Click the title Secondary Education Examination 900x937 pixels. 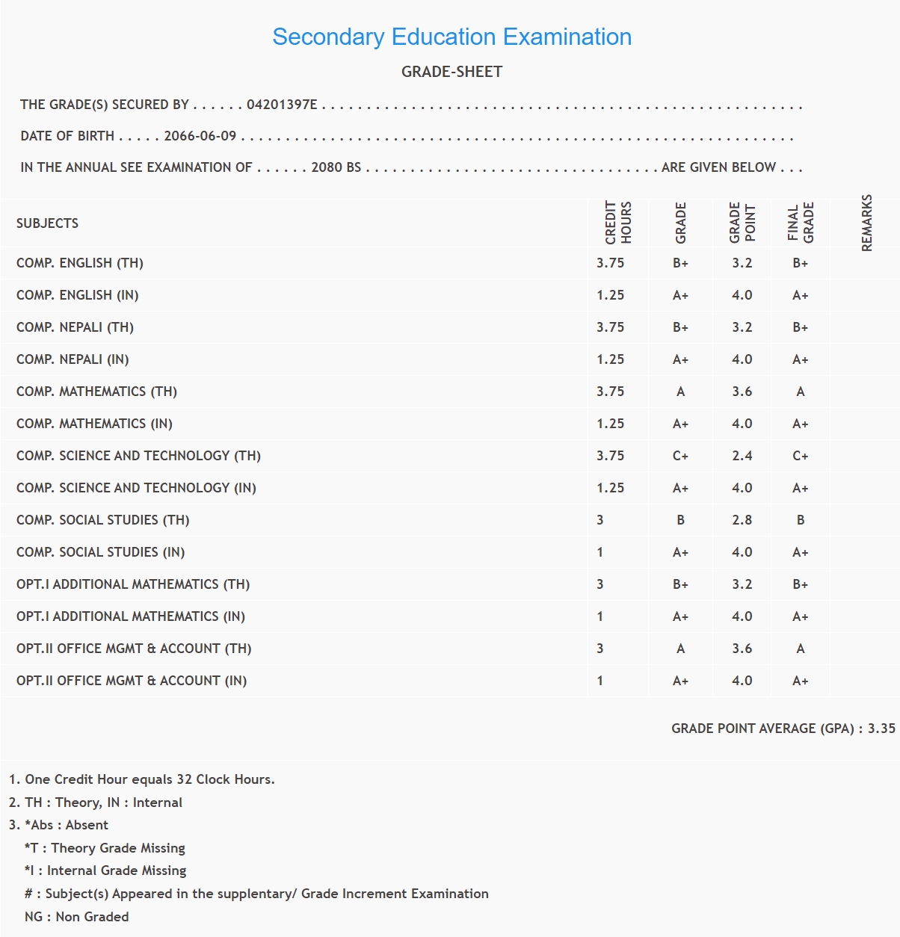pyautogui.click(x=451, y=37)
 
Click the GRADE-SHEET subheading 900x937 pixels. pyautogui.click(x=451, y=72)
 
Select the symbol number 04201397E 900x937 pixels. pyautogui.click(x=282, y=105)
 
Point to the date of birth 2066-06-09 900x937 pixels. pyautogui.click(x=200, y=136)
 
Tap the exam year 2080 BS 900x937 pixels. pyautogui.click(x=336, y=167)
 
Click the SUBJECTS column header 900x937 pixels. pyautogui.click(x=47, y=223)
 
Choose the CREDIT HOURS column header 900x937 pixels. pyautogui.click(x=618, y=223)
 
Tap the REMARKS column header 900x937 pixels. pyautogui.click(x=866, y=223)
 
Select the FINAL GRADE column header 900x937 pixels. pyautogui.click(x=800, y=223)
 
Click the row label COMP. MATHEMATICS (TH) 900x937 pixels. pyautogui.click(x=96, y=392)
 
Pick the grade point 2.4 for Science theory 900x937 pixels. pyautogui.click(x=742, y=456)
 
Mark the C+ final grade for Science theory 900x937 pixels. pyautogui.click(x=800, y=456)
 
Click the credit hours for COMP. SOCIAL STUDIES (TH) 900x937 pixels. pyautogui.click(x=600, y=520)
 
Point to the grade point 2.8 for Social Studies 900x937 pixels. pyautogui.click(x=742, y=520)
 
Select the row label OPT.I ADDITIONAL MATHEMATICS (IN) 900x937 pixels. pyautogui.click(x=131, y=616)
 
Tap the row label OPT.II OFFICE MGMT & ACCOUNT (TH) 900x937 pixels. pyautogui.click(x=134, y=649)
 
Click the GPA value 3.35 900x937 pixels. pyautogui.click(x=881, y=729)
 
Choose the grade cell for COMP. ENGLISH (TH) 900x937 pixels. pyautogui.click(x=680, y=263)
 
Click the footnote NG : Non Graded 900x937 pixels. pyautogui.click(x=76, y=917)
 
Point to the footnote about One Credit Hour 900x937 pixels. pyautogui.click(x=142, y=779)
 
